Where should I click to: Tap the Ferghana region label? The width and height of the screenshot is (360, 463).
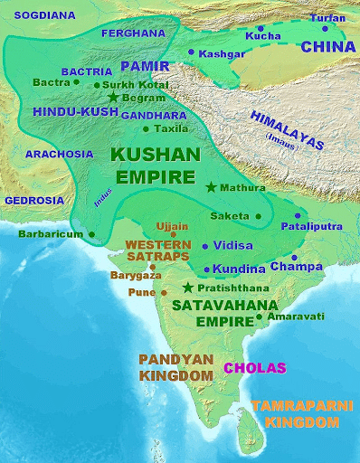133,32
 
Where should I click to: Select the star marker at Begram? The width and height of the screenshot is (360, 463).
113,97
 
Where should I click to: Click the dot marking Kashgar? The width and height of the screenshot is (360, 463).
191,52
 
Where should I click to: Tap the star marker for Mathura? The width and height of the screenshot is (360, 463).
211,187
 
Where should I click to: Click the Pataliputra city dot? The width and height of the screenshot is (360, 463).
297,216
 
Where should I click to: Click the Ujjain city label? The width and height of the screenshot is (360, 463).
172,226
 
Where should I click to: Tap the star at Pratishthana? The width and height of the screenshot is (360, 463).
188,288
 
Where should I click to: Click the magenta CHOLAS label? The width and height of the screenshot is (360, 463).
254,367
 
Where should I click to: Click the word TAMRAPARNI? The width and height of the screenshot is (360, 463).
301,408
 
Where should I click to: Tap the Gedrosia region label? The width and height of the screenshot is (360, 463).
33,199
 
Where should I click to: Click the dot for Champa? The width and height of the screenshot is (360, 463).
270,269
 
